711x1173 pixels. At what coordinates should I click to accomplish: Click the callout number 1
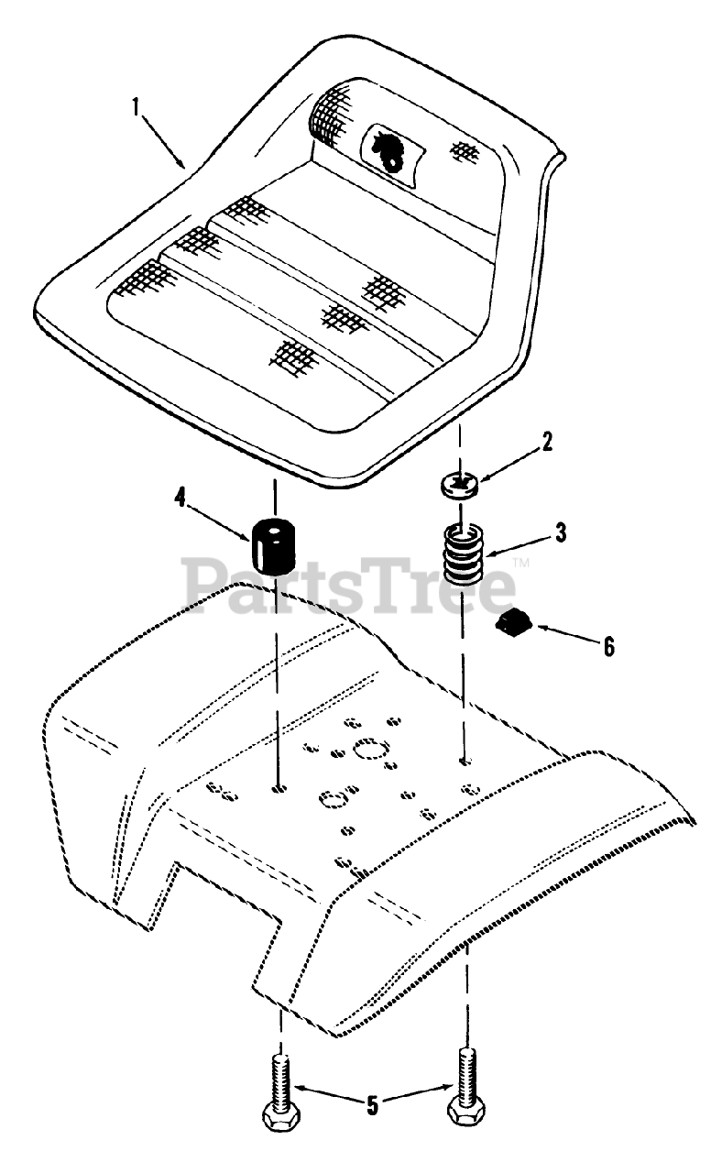(136, 106)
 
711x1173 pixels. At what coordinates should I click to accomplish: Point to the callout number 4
(180, 498)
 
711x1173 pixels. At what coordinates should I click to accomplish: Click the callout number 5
(372, 1106)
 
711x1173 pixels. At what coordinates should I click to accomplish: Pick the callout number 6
(608, 646)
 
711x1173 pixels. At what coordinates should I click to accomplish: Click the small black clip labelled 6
(513, 626)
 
